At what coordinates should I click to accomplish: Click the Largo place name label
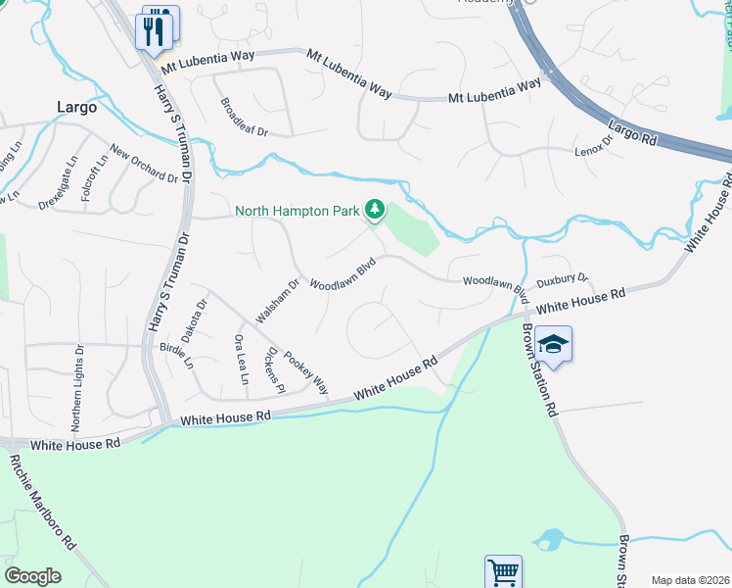click(x=75, y=107)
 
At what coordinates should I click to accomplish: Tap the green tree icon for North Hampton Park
click(x=373, y=209)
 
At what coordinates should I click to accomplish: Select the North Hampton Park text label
click(x=297, y=210)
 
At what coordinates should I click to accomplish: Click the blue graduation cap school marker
click(x=553, y=344)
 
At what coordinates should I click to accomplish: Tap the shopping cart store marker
click(x=503, y=571)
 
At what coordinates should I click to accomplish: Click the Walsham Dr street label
click(x=277, y=301)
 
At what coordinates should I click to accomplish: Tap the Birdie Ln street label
click(x=176, y=357)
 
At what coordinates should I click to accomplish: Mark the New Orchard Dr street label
click(x=145, y=164)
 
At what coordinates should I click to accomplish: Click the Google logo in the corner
click(x=32, y=576)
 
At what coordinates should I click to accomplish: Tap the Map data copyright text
click(x=690, y=580)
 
